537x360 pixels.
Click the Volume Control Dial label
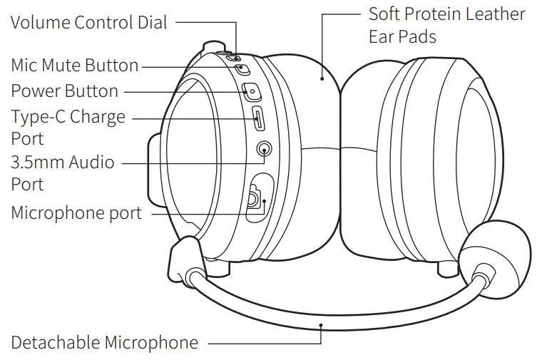89,22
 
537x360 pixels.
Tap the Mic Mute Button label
75,66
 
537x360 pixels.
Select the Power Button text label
65,91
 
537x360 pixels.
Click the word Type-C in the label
43,117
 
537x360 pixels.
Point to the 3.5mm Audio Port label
63,163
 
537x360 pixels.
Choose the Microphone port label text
76,212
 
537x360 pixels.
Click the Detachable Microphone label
105,343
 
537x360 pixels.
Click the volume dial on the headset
223,52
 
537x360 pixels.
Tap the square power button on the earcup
252,91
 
